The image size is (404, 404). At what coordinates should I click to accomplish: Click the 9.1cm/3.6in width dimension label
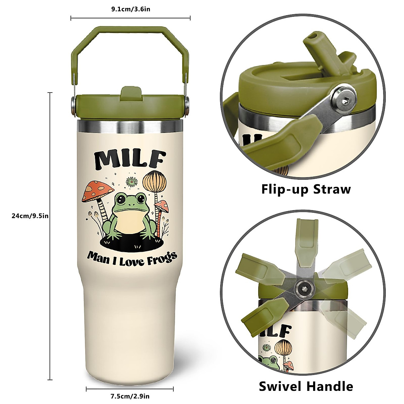click(x=131, y=9)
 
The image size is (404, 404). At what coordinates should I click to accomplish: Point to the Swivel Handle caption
click(x=306, y=386)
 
